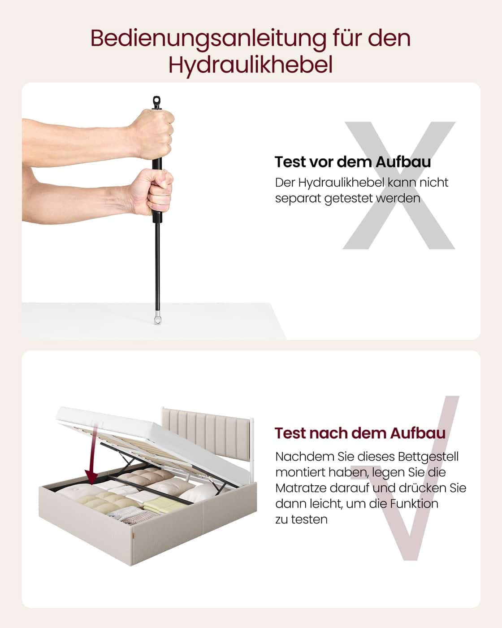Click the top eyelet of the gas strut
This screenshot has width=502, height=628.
[x=156, y=102]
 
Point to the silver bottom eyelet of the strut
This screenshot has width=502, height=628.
[x=157, y=319]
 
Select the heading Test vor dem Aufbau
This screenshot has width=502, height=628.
[x=352, y=162]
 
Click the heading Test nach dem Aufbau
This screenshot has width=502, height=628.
[x=360, y=433]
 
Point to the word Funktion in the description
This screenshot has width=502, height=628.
[x=414, y=504]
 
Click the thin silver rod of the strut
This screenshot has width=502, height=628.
[x=157, y=269]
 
